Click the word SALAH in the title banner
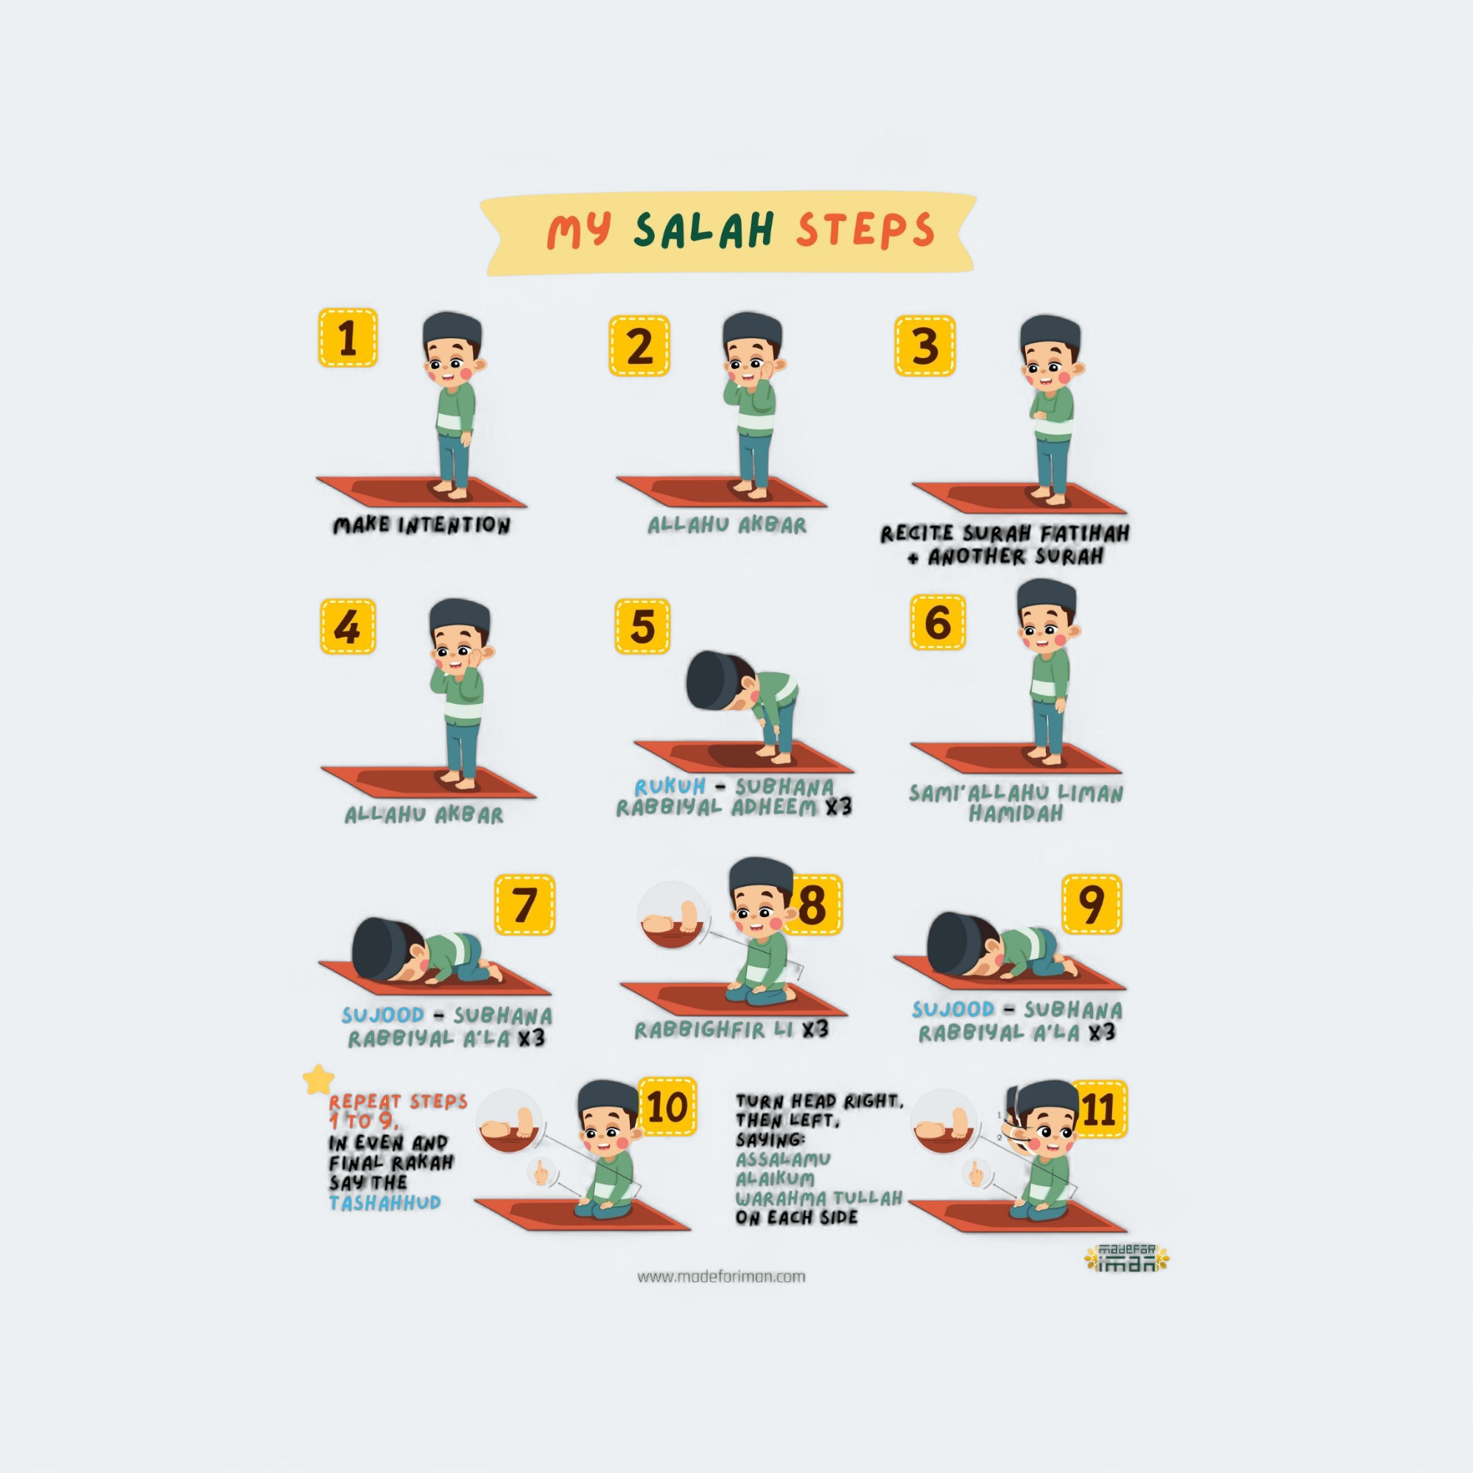point(705,231)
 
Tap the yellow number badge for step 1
point(348,338)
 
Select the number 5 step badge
point(643,626)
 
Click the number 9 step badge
point(1091,904)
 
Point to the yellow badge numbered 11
point(1099,1109)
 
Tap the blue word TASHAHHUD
point(385,1203)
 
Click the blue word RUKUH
point(670,786)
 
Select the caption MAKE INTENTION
point(421,525)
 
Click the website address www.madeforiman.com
point(721,1276)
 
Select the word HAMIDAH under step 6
point(1016,814)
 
